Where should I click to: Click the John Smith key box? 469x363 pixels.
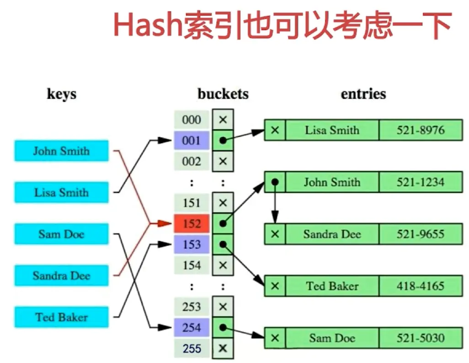coord(61,151)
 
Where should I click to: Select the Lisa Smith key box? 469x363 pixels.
coord(61,193)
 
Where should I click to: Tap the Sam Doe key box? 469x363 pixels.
coord(61,234)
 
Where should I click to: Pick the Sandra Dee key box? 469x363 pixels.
coord(61,276)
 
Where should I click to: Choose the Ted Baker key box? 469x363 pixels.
coord(61,317)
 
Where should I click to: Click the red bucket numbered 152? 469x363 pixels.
coord(192,224)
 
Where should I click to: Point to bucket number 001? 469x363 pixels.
coord(192,141)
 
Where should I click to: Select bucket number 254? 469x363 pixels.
coord(192,328)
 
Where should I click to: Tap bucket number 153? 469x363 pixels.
coord(192,245)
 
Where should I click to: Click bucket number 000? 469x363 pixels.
coord(192,120)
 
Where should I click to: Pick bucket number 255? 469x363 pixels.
coord(192,348)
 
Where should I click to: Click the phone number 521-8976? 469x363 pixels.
coord(420,130)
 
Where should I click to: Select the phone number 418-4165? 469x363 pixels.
coord(420,286)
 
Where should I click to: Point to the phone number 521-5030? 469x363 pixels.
coord(420,338)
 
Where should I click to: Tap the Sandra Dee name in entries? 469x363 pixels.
coord(332,234)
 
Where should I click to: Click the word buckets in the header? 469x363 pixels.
coord(223,94)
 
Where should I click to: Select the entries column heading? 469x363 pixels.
coord(363,94)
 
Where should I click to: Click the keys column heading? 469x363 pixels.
coord(61,95)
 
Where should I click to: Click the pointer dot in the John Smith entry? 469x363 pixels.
coord(275,182)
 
